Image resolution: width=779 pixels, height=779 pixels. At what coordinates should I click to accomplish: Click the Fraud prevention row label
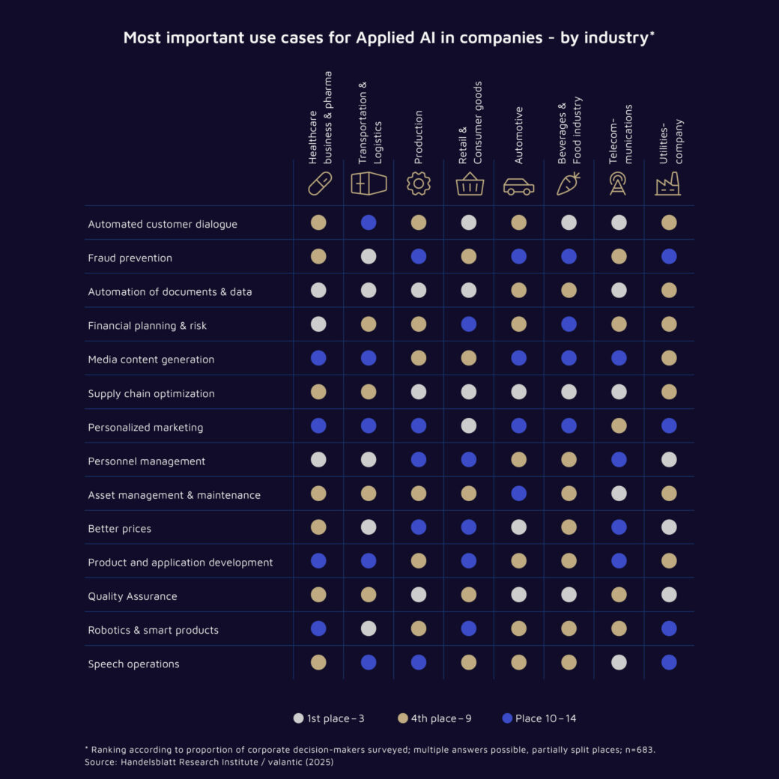pyautogui.click(x=130, y=258)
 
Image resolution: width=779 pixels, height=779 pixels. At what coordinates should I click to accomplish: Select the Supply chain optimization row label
pyautogui.click(x=151, y=393)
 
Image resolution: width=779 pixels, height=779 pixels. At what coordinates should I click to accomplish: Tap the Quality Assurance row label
pyautogui.click(x=132, y=596)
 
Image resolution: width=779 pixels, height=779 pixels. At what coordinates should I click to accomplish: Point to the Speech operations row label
pyautogui.click(x=133, y=664)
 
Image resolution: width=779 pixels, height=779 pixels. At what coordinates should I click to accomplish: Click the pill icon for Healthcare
pyautogui.click(x=319, y=184)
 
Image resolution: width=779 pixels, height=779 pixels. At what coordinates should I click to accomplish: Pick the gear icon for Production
pyautogui.click(x=419, y=184)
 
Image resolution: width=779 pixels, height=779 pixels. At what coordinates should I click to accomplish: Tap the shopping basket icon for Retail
pyautogui.click(x=470, y=184)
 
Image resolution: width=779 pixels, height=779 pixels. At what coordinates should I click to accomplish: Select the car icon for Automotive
pyautogui.click(x=518, y=186)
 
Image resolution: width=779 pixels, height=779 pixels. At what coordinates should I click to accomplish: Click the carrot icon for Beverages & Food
pyautogui.click(x=569, y=184)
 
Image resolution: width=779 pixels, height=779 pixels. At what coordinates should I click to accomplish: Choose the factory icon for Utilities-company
pyautogui.click(x=668, y=184)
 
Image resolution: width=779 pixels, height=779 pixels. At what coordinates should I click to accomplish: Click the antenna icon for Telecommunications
pyautogui.click(x=618, y=184)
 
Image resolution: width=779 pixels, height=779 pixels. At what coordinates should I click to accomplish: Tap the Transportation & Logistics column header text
pyautogui.click(x=369, y=123)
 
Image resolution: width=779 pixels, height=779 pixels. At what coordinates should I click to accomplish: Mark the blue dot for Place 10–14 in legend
pyautogui.click(x=507, y=718)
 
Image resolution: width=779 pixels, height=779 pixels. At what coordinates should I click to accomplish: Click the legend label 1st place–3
pyautogui.click(x=336, y=718)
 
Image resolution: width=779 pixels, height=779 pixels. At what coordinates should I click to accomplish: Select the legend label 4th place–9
pyautogui.click(x=441, y=718)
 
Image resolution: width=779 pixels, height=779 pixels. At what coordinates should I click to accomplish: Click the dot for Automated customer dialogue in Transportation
pyautogui.click(x=369, y=222)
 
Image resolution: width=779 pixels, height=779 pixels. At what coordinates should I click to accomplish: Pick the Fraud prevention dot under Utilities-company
pyautogui.click(x=669, y=256)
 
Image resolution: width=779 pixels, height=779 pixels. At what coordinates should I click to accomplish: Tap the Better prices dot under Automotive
pyautogui.click(x=518, y=527)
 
